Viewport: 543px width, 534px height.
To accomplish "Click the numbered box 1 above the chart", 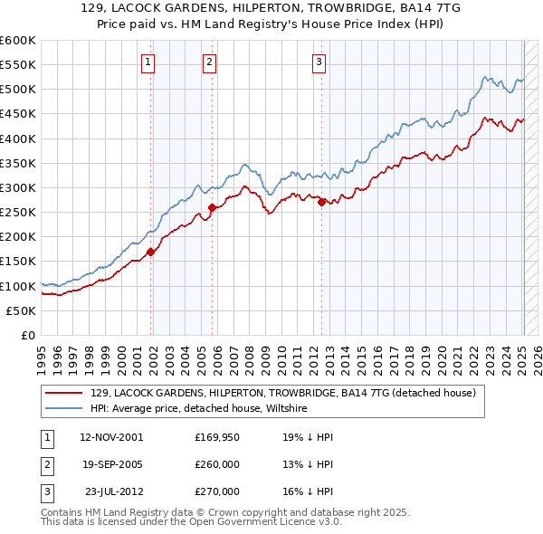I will click(148, 62).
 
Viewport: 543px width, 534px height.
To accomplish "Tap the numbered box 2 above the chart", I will click(209, 62).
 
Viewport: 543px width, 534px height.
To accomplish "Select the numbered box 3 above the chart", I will click(319, 62).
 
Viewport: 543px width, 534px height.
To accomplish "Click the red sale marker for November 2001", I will click(151, 253).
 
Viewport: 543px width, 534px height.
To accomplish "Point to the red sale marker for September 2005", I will click(213, 208).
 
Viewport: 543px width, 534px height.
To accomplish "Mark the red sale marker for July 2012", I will click(322, 203).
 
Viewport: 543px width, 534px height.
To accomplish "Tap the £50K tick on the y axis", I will click(22, 310).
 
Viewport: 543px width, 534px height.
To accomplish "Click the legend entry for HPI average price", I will click(199, 409).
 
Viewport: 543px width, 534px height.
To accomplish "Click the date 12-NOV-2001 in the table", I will click(111, 437).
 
